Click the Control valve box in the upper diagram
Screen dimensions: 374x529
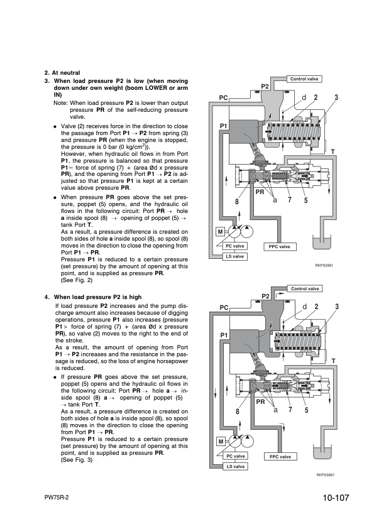(x=304, y=79)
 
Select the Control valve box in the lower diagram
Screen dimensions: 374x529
(x=305, y=289)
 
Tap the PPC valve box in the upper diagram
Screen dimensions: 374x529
(x=280, y=247)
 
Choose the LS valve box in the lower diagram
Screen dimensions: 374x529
(x=235, y=467)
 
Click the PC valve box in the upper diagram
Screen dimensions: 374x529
(x=234, y=246)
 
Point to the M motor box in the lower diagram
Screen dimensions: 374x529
(x=221, y=442)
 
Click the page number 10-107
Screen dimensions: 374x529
(x=336, y=498)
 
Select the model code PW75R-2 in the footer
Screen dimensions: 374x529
(x=57, y=498)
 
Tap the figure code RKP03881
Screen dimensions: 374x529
(x=324, y=265)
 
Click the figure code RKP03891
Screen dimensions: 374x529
(x=326, y=475)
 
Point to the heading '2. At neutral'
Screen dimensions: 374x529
(x=62, y=73)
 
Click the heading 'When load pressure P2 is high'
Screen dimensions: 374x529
(x=98, y=297)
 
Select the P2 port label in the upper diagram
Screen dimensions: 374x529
(x=265, y=87)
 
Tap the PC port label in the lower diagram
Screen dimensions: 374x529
(x=224, y=308)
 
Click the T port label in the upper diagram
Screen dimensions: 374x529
(x=333, y=152)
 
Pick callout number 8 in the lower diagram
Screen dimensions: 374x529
(x=238, y=412)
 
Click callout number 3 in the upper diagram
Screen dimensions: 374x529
(x=336, y=97)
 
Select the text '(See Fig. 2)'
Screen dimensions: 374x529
(x=77, y=280)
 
